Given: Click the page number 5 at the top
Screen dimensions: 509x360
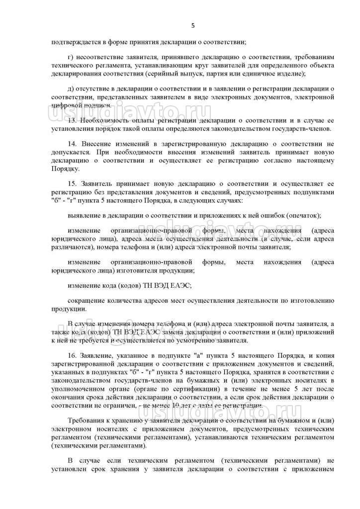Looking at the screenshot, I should [193, 26].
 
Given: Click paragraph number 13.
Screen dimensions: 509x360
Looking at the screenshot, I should [71, 120].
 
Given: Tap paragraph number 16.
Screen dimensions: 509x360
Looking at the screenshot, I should [71, 356].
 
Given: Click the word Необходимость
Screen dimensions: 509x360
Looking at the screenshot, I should [102, 120].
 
